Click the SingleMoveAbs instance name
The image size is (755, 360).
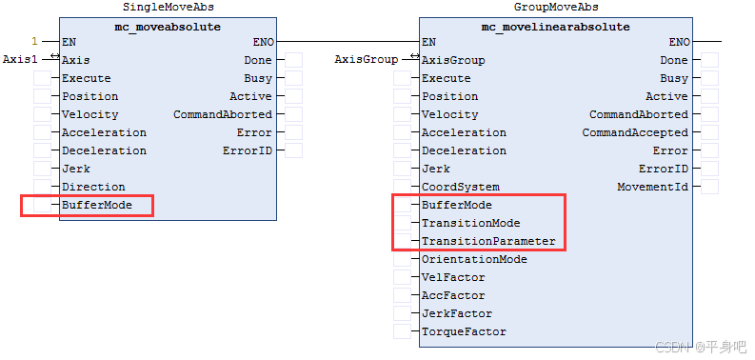167,8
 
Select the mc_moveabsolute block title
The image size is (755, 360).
168,27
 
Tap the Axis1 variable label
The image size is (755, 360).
20,59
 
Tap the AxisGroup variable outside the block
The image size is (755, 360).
367,59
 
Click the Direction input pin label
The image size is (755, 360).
93,187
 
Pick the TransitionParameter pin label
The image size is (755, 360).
488,241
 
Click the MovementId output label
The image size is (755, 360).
652,187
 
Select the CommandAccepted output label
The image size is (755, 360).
635,132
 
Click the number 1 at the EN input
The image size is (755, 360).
35,41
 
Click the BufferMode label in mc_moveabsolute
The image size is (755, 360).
97,205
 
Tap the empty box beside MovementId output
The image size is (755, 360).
710,187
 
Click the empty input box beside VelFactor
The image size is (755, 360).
402,277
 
